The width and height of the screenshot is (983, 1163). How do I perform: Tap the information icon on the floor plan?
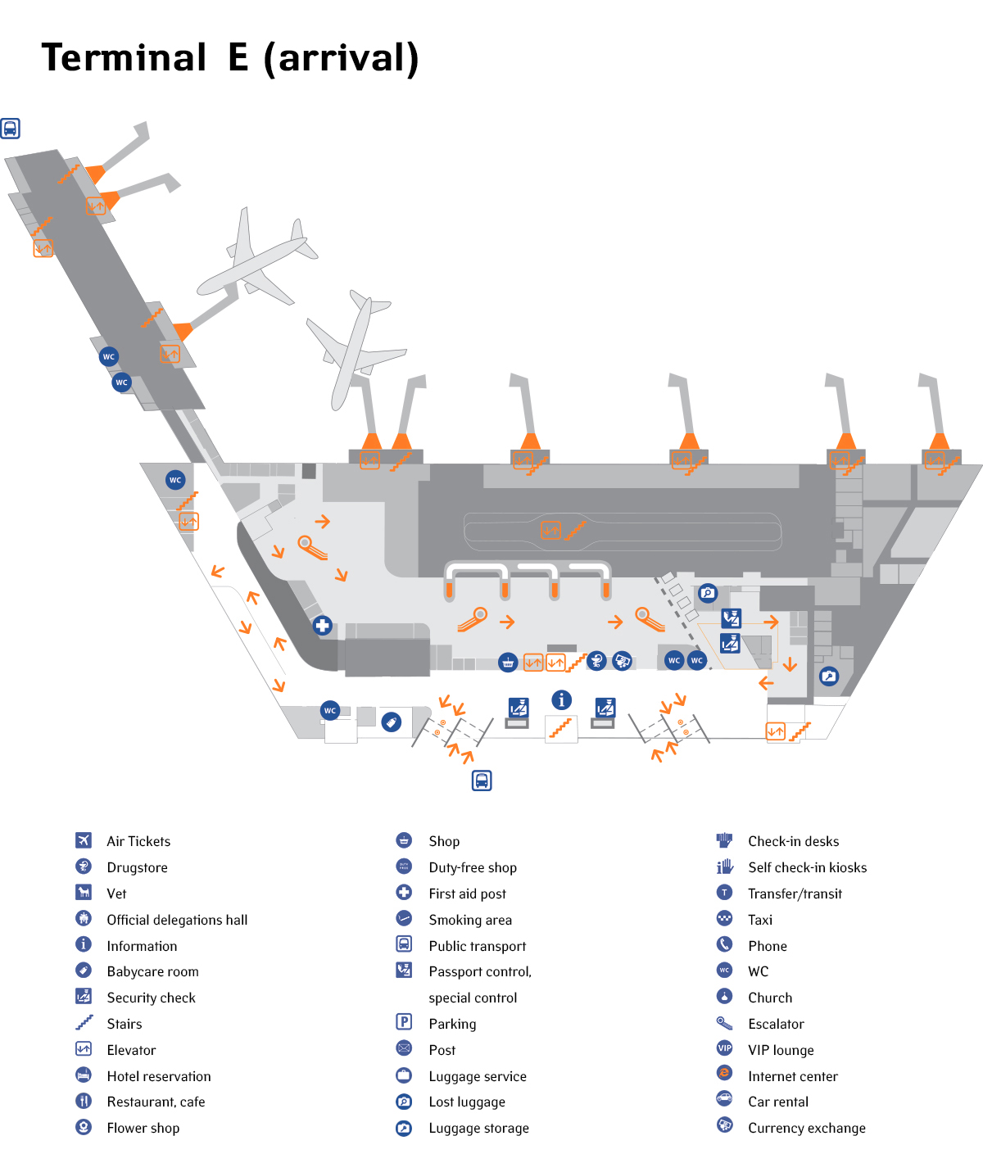pyautogui.click(x=561, y=699)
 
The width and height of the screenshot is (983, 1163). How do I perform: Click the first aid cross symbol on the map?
pyautogui.click(x=323, y=626)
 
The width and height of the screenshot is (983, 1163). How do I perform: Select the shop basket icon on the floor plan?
pyautogui.click(x=508, y=662)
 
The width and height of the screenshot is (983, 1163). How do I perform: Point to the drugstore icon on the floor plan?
pyautogui.click(x=597, y=661)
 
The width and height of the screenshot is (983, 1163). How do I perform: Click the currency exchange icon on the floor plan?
pyautogui.click(x=623, y=660)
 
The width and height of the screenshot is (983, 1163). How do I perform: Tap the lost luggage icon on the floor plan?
pyautogui.click(x=708, y=593)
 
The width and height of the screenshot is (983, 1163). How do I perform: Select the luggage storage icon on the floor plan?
pyautogui.click(x=829, y=677)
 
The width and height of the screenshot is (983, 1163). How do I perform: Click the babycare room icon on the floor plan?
pyautogui.click(x=392, y=722)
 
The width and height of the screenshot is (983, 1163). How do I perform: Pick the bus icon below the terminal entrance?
pyautogui.click(x=482, y=781)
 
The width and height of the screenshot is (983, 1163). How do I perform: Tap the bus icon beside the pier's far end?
pyautogui.click(x=10, y=128)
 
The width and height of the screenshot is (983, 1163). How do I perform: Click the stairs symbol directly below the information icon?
pyautogui.click(x=561, y=727)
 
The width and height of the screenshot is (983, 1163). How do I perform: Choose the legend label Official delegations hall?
pyautogui.click(x=177, y=920)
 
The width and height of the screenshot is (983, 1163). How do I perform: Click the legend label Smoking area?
pyautogui.click(x=470, y=920)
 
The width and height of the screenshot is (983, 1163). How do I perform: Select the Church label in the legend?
pyautogui.click(x=770, y=998)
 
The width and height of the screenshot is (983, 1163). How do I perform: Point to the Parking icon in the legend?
pyautogui.click(x=404, y=1021)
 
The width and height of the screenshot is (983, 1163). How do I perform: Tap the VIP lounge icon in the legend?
pyautogui.click(x=724, y=1048)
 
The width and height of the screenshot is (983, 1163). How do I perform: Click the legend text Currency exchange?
pyautogui.click(x=806, y=1128)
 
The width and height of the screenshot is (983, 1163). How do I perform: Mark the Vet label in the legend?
pyautogui.click(x=116, y=894)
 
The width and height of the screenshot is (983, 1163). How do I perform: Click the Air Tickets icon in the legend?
pyautogui.click(x=84, y=840)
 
